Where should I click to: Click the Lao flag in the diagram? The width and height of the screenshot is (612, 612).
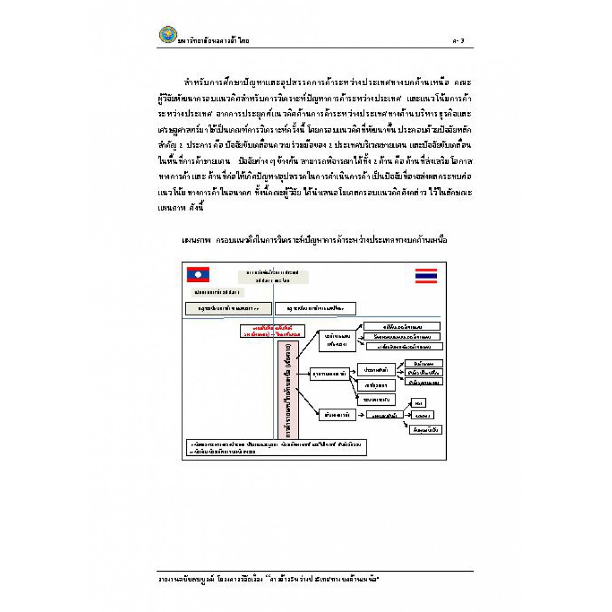198,274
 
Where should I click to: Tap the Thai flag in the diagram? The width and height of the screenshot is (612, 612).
426,275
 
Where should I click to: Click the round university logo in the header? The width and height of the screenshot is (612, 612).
166,35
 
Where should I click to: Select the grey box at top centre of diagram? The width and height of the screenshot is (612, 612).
273,276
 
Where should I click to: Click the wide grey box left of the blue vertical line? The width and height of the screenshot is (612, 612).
228,308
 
